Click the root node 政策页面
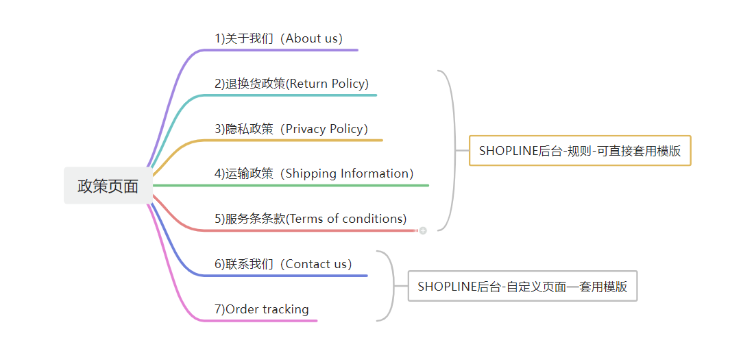[x=108, y=186]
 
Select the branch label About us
[x=278, y=38]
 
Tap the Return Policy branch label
[x=291, y=84]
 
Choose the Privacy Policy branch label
[x=291, y=129]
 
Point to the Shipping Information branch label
[x=314, y=173]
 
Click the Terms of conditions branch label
[x=311, y=219]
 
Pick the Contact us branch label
[x=283, y=264]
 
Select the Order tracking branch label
[x=261, y=309]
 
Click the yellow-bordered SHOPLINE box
[x=580, y=151]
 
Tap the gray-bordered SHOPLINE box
[x=522, y=286]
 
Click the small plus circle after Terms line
[x=423, y=230]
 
